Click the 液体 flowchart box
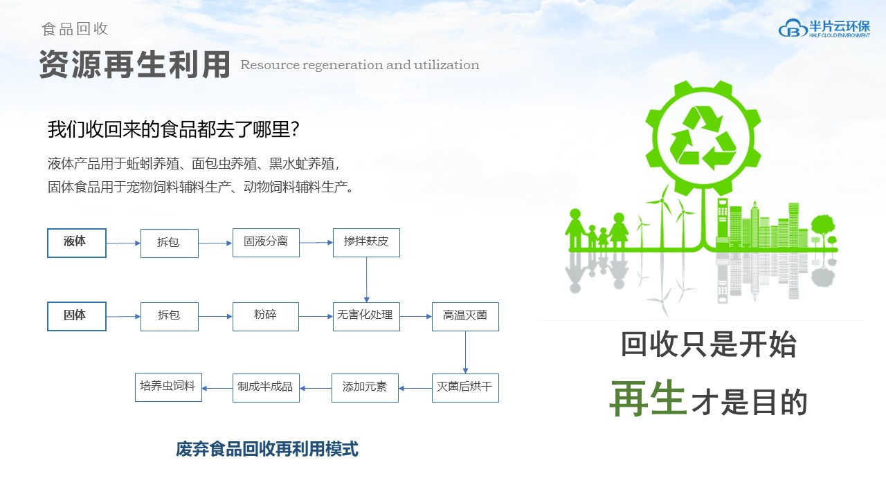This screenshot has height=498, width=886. coord(77,243)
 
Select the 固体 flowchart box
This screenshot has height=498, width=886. coord(77,316)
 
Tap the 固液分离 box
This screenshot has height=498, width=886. coord(266,243)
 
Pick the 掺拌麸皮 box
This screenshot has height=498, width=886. coord(366,243)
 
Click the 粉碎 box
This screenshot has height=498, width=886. coord(266,317)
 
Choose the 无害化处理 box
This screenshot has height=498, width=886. coord(366,317)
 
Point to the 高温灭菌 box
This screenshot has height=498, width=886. coord(465,317)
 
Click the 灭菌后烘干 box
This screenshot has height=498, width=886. coord(465,388)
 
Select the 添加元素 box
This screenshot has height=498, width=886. coord(365,388)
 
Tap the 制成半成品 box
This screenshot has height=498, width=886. coord(266,388)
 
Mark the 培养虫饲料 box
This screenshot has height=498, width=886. coord(168,387)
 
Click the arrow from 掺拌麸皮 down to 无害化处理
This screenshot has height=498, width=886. coord(366,280)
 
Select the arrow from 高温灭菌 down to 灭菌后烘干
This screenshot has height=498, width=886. coord(465,352)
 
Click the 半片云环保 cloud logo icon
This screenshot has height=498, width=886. coord(793,28)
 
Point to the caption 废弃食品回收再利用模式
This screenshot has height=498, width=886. coord(267,449)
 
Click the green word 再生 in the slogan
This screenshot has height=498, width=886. coord(648,398)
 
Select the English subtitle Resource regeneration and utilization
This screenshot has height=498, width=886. coord(360,65)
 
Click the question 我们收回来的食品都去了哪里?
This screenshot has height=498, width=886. coord(173,129)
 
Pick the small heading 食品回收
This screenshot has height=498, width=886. coord(75,29)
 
